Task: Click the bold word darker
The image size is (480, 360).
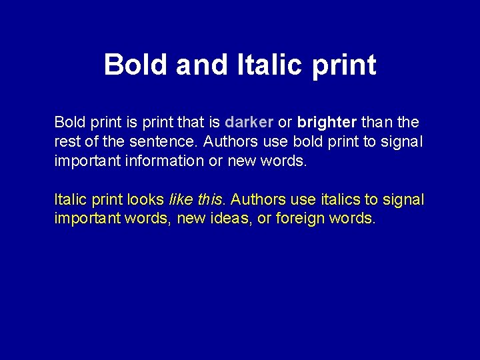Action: [x=249, y=123]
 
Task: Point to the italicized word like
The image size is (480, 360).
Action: [x=181, y=199]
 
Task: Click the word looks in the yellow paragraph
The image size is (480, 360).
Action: [x=144, y=199]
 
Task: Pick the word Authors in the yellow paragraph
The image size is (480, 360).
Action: [x=257, y=199]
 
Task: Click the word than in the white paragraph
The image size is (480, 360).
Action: [x=377, y=123]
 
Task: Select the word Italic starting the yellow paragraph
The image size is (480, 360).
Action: [x=69, y=199]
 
